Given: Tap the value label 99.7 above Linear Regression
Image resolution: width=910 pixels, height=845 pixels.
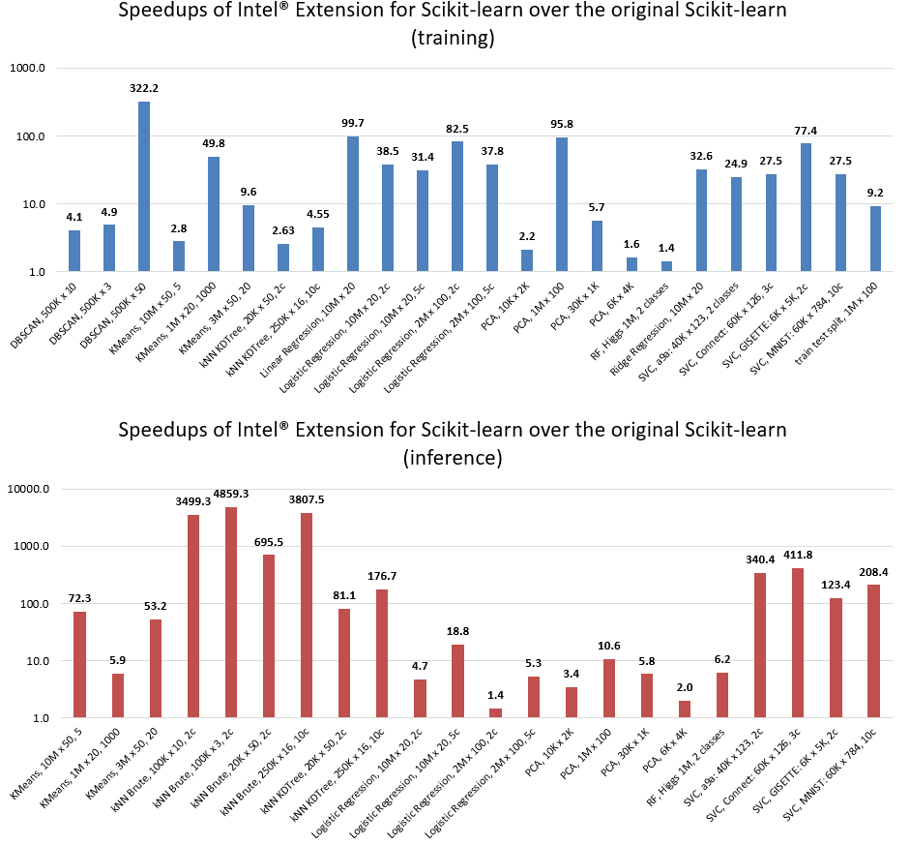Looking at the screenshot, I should [x=353, y=123].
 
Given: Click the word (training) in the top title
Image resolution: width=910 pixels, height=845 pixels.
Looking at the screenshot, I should [x=454, y=39].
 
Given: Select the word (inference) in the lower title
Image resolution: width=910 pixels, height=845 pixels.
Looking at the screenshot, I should [x=454, y=458].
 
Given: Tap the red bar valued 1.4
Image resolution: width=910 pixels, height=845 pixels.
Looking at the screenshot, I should [x=496, y=713].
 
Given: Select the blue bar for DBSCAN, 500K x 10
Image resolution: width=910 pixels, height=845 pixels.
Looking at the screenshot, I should [x=74, y=252].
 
